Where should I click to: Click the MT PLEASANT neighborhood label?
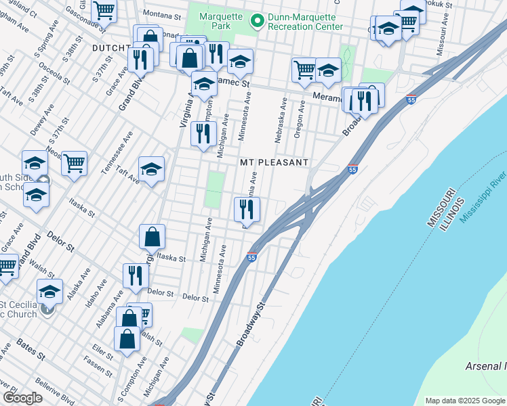(274, 163)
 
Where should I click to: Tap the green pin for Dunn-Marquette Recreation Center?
(256, 21)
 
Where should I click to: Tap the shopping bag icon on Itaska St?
(153, 238)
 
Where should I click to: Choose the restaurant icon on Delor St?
(136, 276)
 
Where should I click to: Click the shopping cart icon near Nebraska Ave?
(304, 70)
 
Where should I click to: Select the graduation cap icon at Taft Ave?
(152, 169)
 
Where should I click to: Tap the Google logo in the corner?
(22, 398)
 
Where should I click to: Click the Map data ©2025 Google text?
(464, 401)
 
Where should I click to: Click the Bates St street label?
(31, 349)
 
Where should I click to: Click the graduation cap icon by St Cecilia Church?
(49, 292)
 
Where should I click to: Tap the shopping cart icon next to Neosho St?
(74, 162)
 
